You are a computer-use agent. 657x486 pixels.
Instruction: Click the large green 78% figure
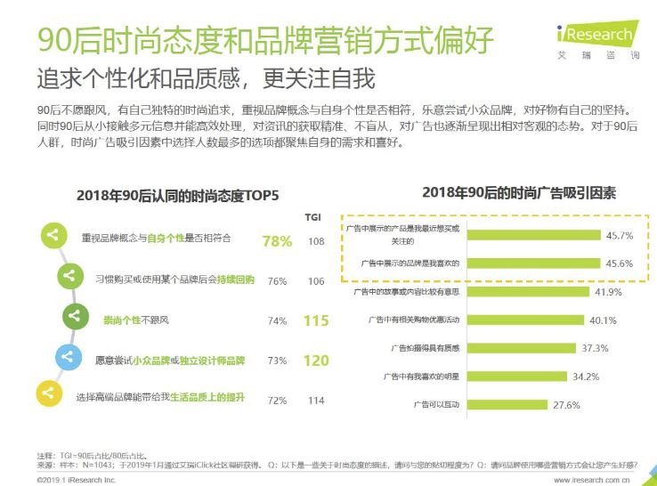point(277,241)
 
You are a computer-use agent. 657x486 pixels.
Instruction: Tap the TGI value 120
point(316,360)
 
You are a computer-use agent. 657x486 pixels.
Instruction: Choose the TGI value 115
point(316,320)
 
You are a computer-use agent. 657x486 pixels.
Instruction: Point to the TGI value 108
point(316,241)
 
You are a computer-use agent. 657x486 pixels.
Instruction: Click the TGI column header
point(314,216)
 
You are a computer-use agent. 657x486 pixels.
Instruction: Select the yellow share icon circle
point(51,393)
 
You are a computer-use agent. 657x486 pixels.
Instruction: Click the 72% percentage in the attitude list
point(277,401)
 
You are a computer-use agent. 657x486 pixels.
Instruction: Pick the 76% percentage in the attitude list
point(277,280)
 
